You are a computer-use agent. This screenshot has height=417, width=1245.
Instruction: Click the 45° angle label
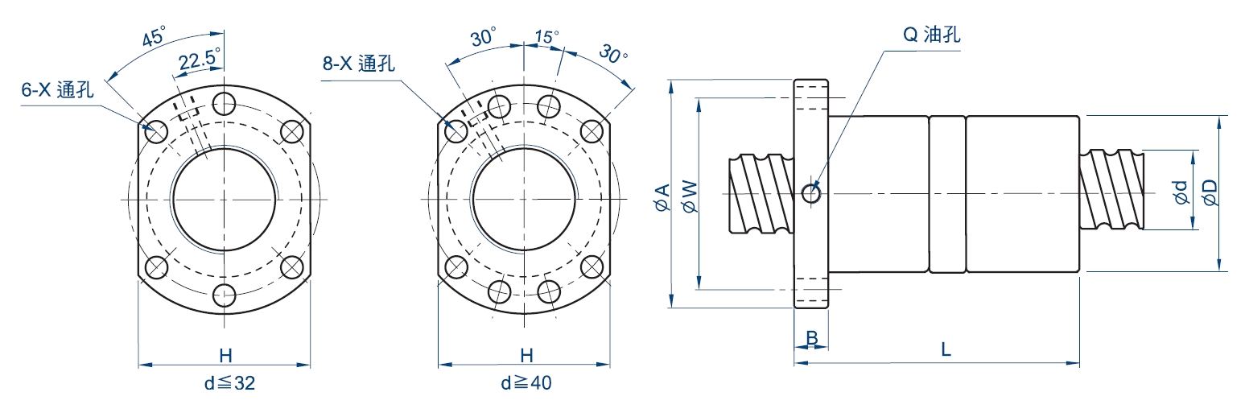tap(154, 37)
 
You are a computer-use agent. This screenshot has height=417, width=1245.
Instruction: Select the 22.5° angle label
tap(200, 59)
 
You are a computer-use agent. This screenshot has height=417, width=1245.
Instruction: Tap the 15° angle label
tap(547, 37)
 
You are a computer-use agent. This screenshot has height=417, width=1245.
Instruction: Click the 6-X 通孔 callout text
tap(57, 89)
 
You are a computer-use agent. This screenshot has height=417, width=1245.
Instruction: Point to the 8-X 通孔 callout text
tap(358, 64)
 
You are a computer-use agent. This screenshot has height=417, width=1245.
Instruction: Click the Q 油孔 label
tap(931, 35)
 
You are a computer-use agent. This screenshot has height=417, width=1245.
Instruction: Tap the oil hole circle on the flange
tap(811, 193)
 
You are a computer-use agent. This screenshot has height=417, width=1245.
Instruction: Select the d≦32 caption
tap(229, 383)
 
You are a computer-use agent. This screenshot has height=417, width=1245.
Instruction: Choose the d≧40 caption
tap(526, 383)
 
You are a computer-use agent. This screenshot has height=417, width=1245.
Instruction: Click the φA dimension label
tap(662, 197)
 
